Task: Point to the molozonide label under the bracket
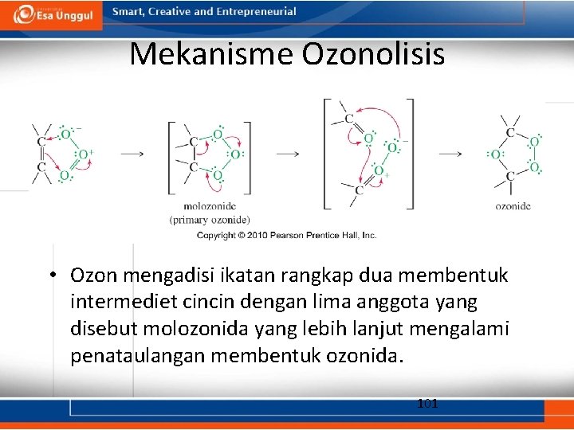(x=209, y=206)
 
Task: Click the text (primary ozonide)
(x=209, y=220)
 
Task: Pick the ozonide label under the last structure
(x=513, y=206)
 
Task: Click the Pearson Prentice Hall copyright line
(x=286, y=236)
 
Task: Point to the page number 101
(x=427, y=404)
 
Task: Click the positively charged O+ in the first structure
(x=85, y=154)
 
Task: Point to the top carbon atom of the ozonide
(x=510, y=132)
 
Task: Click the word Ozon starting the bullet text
(x=92, y=276)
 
